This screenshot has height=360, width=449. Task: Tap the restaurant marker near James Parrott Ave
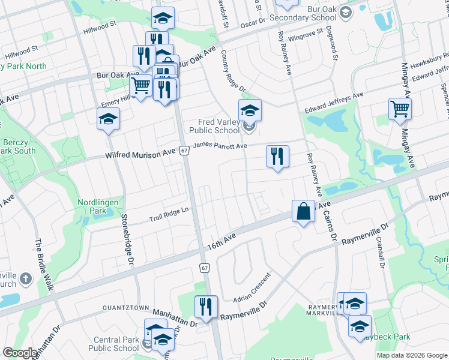click(x=277, y=157)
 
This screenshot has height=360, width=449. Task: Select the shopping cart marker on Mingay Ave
click(x=400, y=110)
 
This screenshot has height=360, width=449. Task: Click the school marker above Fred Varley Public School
click(x=250, y=110)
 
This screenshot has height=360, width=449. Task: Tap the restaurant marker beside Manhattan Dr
click(x=206, y=307)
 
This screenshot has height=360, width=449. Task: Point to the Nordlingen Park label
click(x=101, y=207)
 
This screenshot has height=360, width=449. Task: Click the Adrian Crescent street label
click(x=252, y=287)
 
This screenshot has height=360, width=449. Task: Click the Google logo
click(x=20, y=353)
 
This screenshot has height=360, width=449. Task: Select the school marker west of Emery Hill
click(x=108, y=119)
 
